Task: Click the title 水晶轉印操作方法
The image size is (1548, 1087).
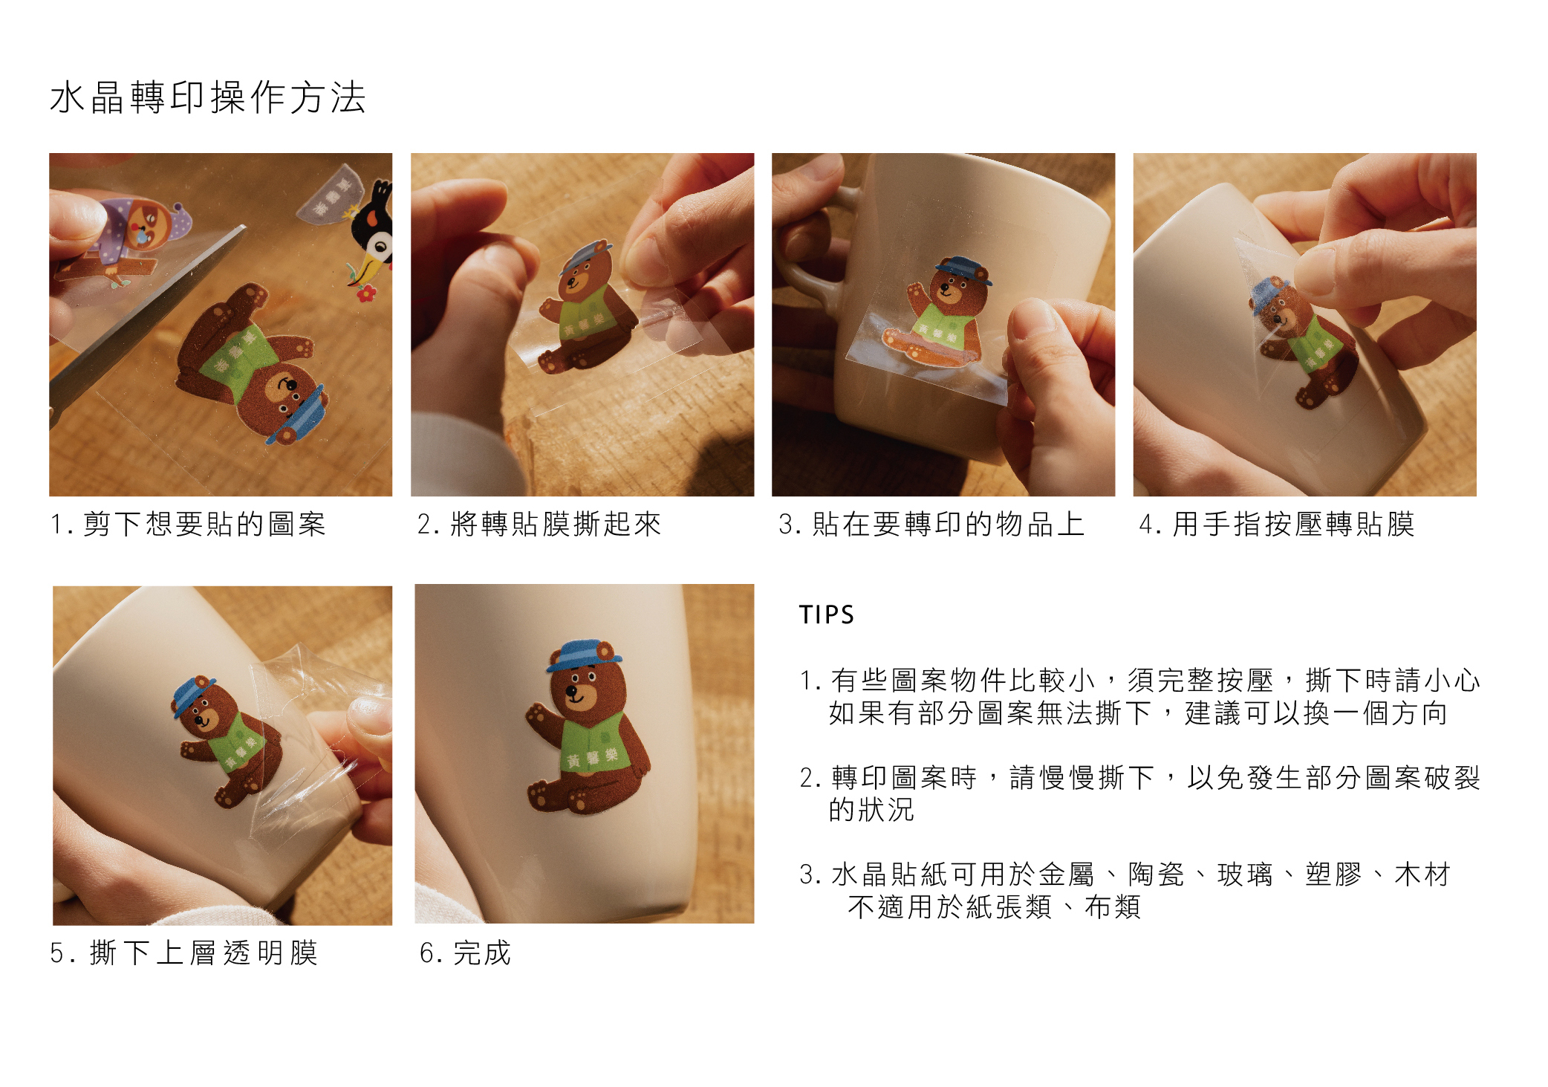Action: tap(208, 97)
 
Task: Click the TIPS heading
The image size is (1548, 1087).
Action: tap(827, 615)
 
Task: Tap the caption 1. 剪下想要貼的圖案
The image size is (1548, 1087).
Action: tap(188, 524)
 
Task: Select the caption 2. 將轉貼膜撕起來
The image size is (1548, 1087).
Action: tap(539, 524)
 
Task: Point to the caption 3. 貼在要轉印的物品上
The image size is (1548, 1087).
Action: tap(931, 524)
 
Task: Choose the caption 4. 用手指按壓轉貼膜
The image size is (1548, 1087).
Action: tap(1277, 524)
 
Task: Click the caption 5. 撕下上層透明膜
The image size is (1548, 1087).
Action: tap(184, 953)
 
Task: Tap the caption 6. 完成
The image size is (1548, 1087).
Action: tap(466, 953)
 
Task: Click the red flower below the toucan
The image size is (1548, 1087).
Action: tap(365, 293)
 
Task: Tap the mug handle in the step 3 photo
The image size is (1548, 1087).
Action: tap(806, 245)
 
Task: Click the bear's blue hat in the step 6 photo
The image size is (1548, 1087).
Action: tap(584, 655)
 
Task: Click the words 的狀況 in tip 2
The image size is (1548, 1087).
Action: tap(871, 810)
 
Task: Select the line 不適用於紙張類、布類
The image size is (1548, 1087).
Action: tap(994, 907)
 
